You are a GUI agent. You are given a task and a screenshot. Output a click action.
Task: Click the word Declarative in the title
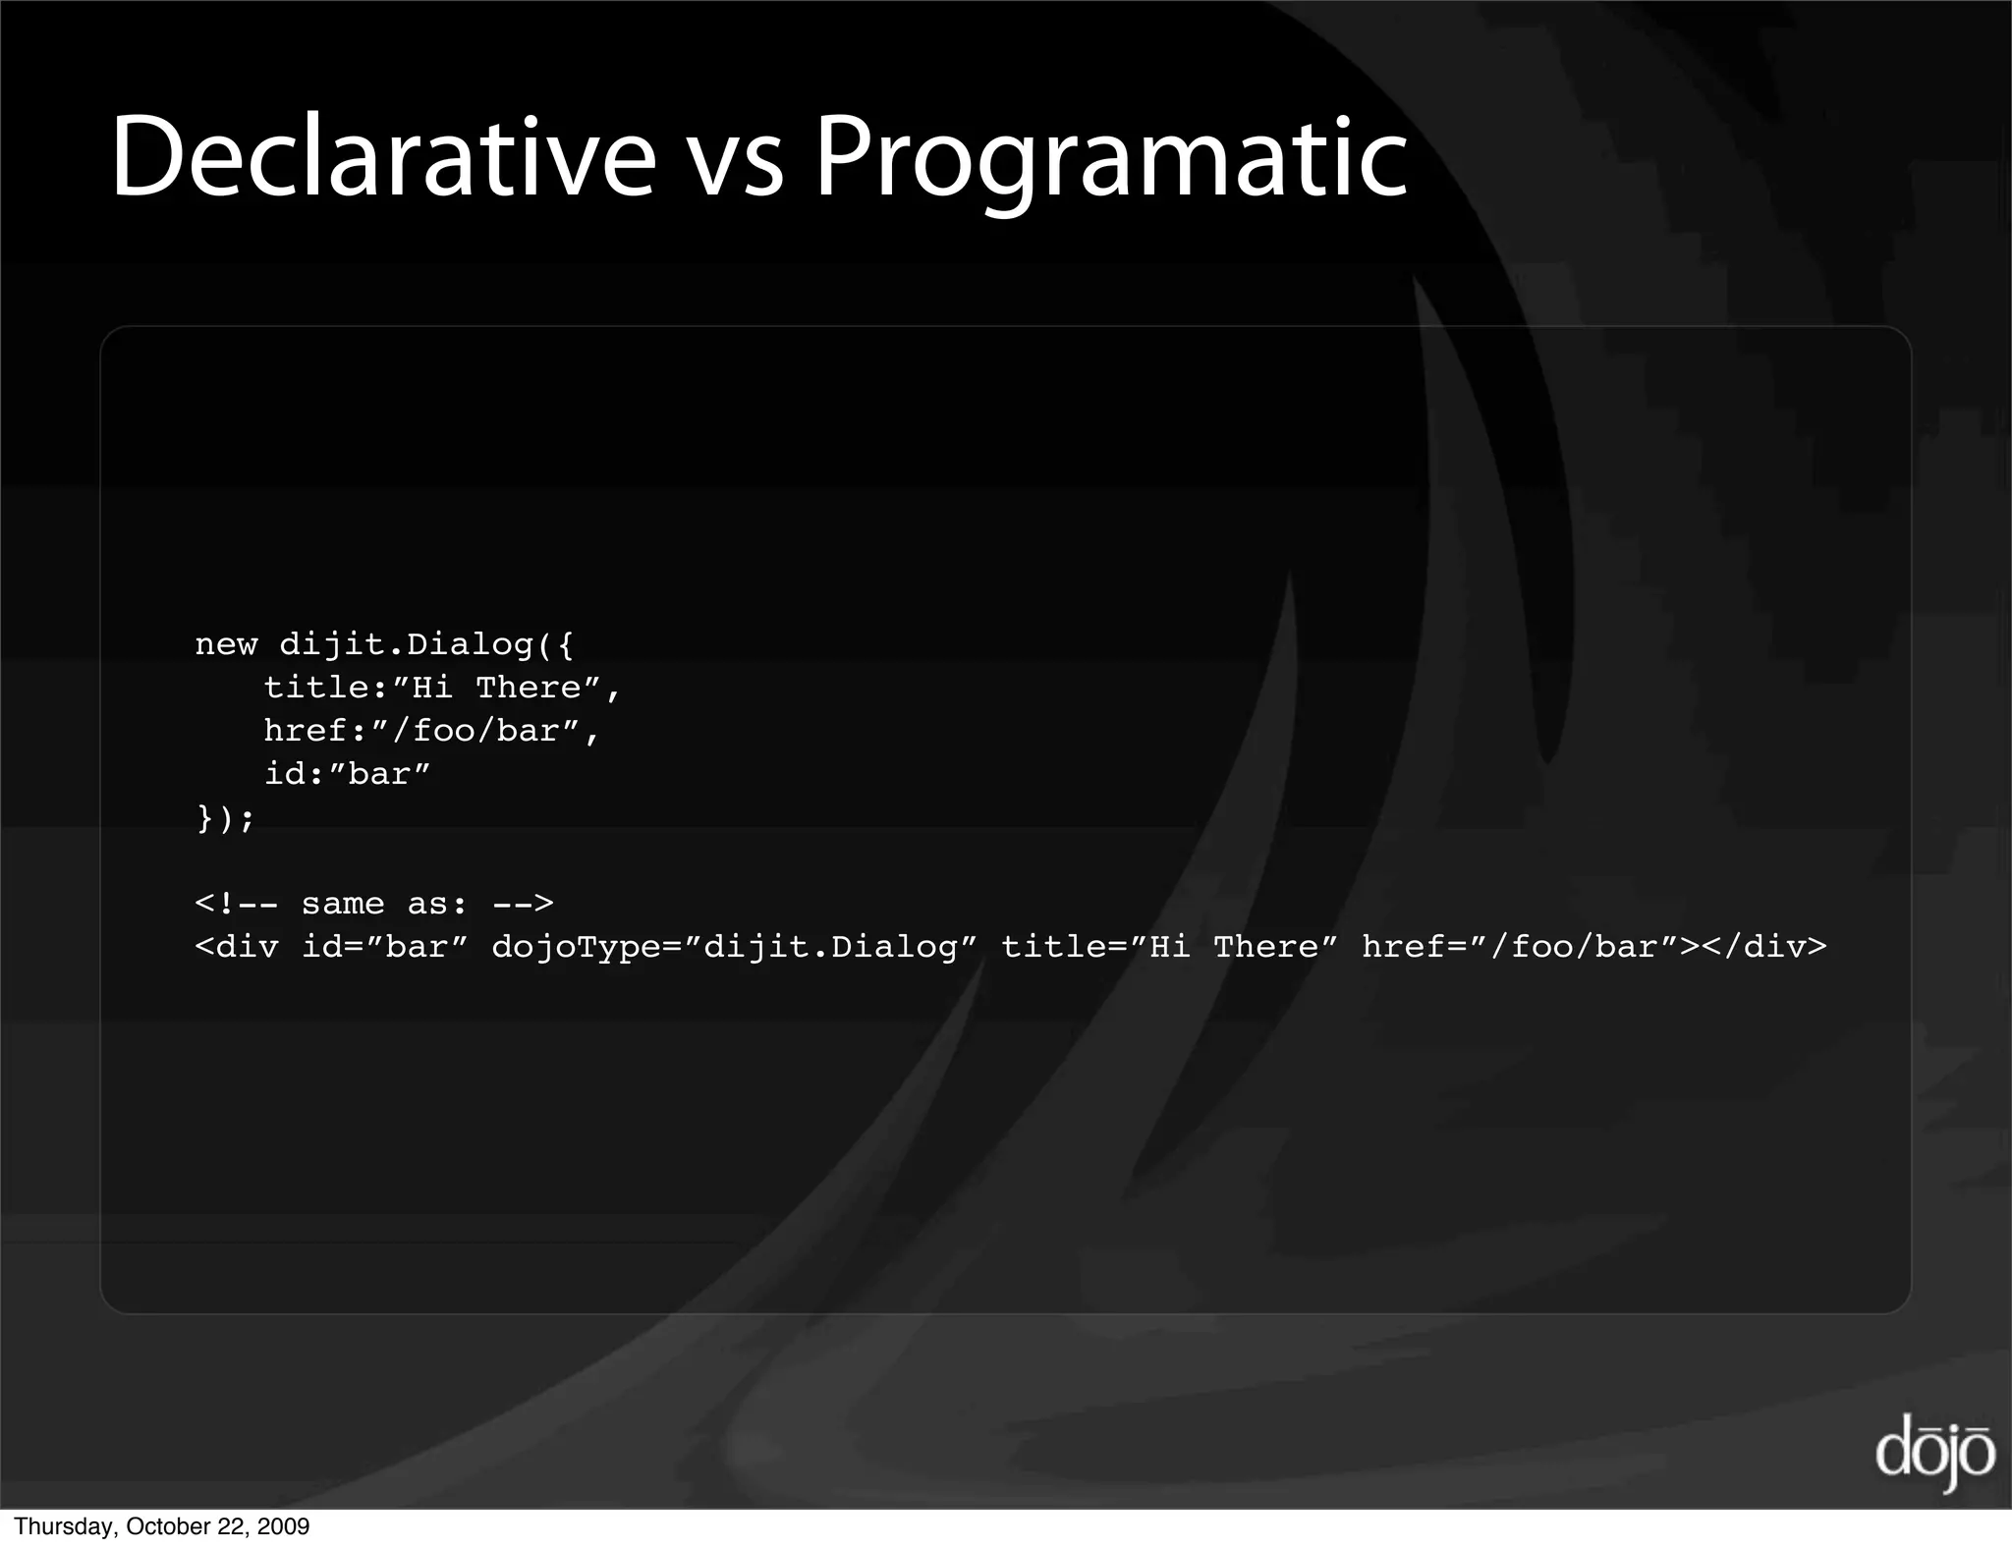coord(383,157)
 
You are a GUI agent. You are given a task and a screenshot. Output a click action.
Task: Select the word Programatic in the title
coord(1111,162)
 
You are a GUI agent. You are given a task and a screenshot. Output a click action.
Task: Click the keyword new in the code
coord(226,645)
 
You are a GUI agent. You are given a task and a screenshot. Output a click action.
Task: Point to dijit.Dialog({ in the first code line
coord(426,645)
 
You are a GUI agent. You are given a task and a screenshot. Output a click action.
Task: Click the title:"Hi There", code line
coord(442,688)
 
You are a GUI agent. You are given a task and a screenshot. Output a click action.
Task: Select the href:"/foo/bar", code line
coord(431,731)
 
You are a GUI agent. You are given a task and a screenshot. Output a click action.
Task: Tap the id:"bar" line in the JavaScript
coord(347,774)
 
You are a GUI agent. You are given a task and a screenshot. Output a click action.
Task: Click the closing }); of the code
coord(225,817)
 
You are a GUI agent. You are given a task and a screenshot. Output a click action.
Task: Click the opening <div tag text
coord(237,947)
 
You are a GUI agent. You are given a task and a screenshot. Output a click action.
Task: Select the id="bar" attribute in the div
coord(384,947)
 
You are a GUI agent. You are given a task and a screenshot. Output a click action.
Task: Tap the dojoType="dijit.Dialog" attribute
coord(734,947)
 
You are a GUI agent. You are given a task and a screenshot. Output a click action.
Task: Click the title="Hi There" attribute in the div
coord(1169,947)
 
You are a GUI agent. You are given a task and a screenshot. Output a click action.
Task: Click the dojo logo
coord(1933,1454)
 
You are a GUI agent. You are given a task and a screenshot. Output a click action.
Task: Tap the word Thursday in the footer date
coord(64,1526)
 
